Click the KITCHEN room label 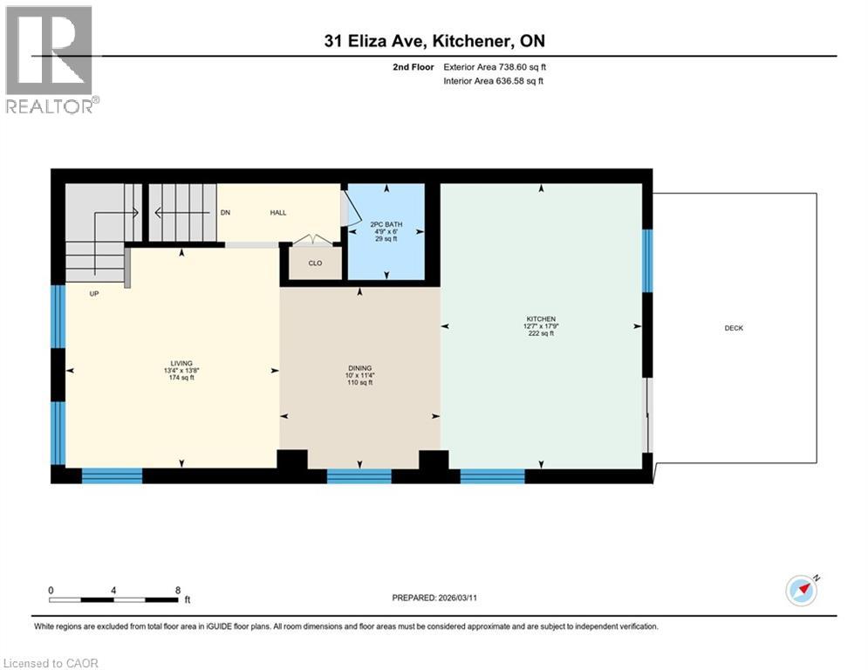(541, 318)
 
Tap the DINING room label (359, 368)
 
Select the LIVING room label (181, 363)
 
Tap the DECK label (734, 328)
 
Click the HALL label (277, 212)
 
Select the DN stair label (225, 212)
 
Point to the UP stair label (94, 294)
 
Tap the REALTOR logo (50, 58)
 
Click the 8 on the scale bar (178, 590)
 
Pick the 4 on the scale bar (114, 590)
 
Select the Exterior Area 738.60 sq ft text (496, 66)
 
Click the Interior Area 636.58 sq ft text (496, 81)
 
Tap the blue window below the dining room (359, 475)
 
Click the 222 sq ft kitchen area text (541, 334)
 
